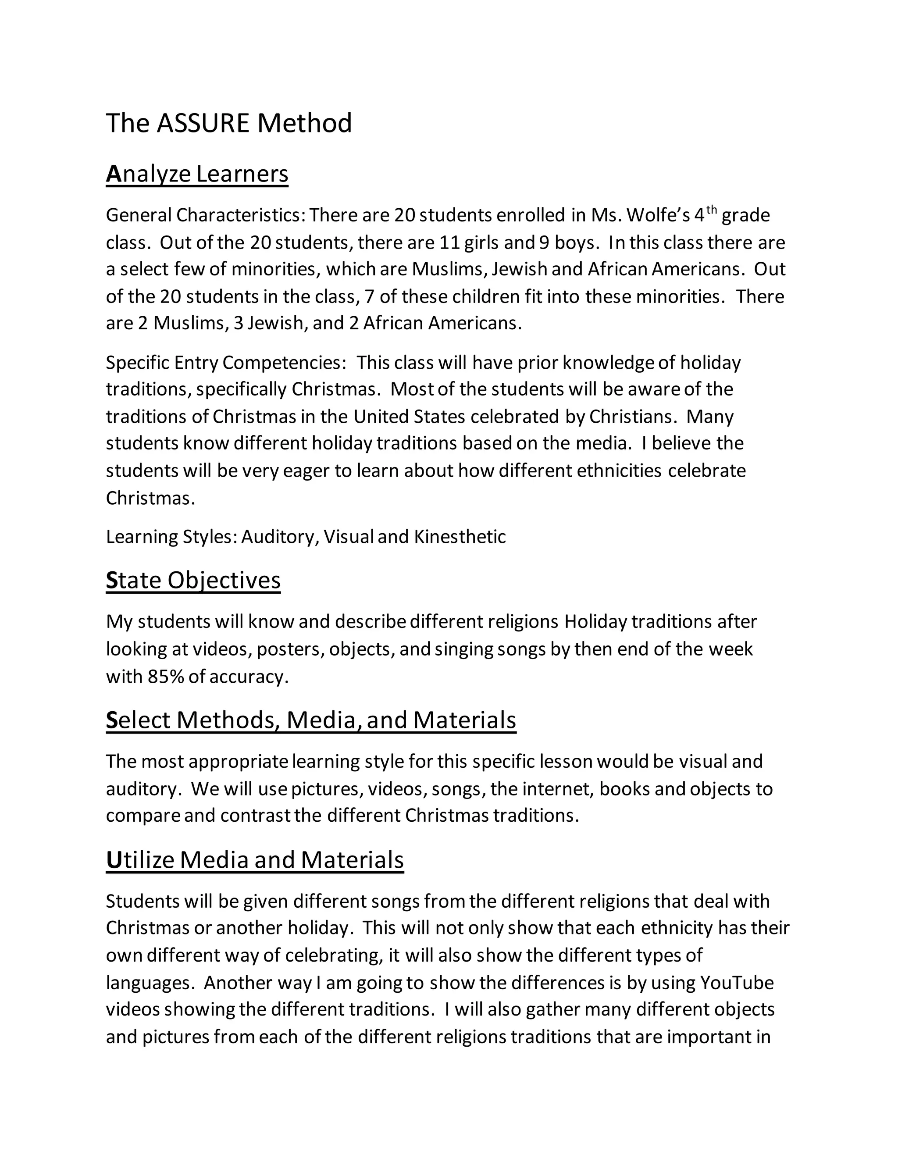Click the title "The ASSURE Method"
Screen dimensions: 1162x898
tap(229, 124)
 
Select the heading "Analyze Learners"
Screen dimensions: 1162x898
tap(197, 174)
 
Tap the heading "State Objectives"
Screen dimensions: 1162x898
tap(193, 580)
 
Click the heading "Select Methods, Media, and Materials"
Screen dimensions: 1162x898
tap(311, 720)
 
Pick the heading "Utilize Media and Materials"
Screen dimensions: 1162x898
tap(255, 860)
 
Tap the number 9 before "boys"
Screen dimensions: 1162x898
tap(544, 242)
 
